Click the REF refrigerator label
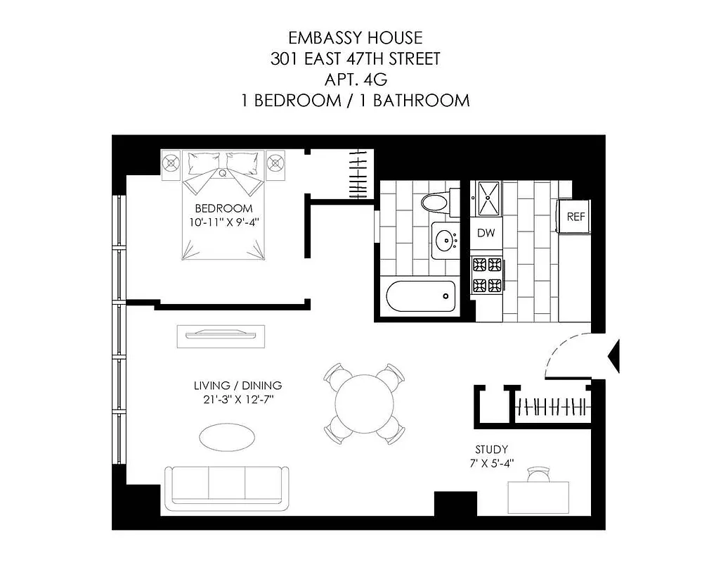pyautogui.click(x=576, y=217)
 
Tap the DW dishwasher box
pyautogui.click(x=486, y=233)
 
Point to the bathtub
pyautogui.click(x=421, y=296)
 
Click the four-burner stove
pyautogui.click(x=487, y=275)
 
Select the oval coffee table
pyautogui.click(x=227, y=436)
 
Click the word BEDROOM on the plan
pyautogui.click(x=223, y=208)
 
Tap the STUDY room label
pyautogui.click(x=491, y=450)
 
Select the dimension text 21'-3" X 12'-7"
pyautogui.click(x=238, y=400)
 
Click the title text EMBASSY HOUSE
pyautogui.click(x=355, y=38)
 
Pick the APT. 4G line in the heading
pyautogui.click(x=355, y=79)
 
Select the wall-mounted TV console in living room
pyautogui.click(x=221, y=334)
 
